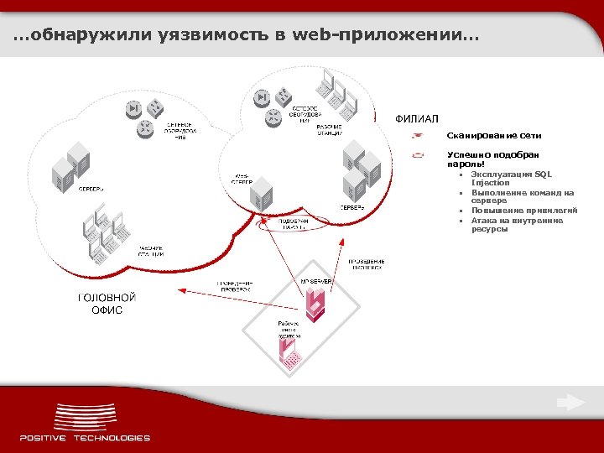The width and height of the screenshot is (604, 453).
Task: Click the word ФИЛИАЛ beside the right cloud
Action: (417, 117)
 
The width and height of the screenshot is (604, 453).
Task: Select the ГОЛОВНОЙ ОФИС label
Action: (107, 304)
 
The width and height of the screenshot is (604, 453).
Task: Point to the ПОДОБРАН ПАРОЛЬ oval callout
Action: (293, 223)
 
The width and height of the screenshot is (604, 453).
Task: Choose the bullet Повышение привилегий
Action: (523, 211)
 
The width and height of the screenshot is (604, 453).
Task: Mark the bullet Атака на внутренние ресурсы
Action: (517, 224)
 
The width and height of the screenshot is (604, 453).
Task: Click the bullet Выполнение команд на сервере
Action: (522, 196)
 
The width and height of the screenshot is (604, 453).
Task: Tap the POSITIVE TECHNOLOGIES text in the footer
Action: (85, 437)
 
